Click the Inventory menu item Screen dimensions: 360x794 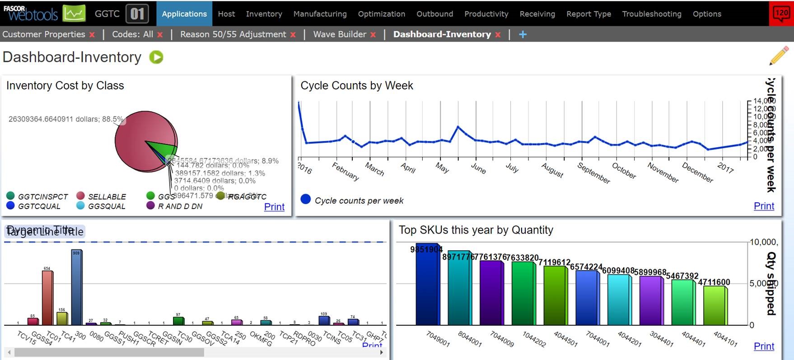click(264, 14)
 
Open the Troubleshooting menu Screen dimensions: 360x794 click(651, 14)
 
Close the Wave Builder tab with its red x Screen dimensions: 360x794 click(373, 35)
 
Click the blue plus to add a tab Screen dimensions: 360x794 click(523, 34)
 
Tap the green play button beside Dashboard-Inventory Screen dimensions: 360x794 click(156, 57)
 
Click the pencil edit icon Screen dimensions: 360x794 click(779, 56)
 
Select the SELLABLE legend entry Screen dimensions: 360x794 click(107, 196)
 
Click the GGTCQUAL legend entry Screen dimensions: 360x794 click(39, 206)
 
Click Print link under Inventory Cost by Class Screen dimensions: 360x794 click(274, 207)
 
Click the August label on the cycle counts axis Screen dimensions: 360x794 click(552, 170)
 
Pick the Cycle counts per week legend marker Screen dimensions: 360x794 click(306, 199)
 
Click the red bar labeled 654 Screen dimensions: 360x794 click(47, 298)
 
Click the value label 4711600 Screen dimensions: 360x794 click(714, 282)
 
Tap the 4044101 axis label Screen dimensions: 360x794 click(725, 339)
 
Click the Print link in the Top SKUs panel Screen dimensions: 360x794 click(764, 346)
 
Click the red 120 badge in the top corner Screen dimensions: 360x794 click(781, 13)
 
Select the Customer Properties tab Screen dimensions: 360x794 click(44, 34)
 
